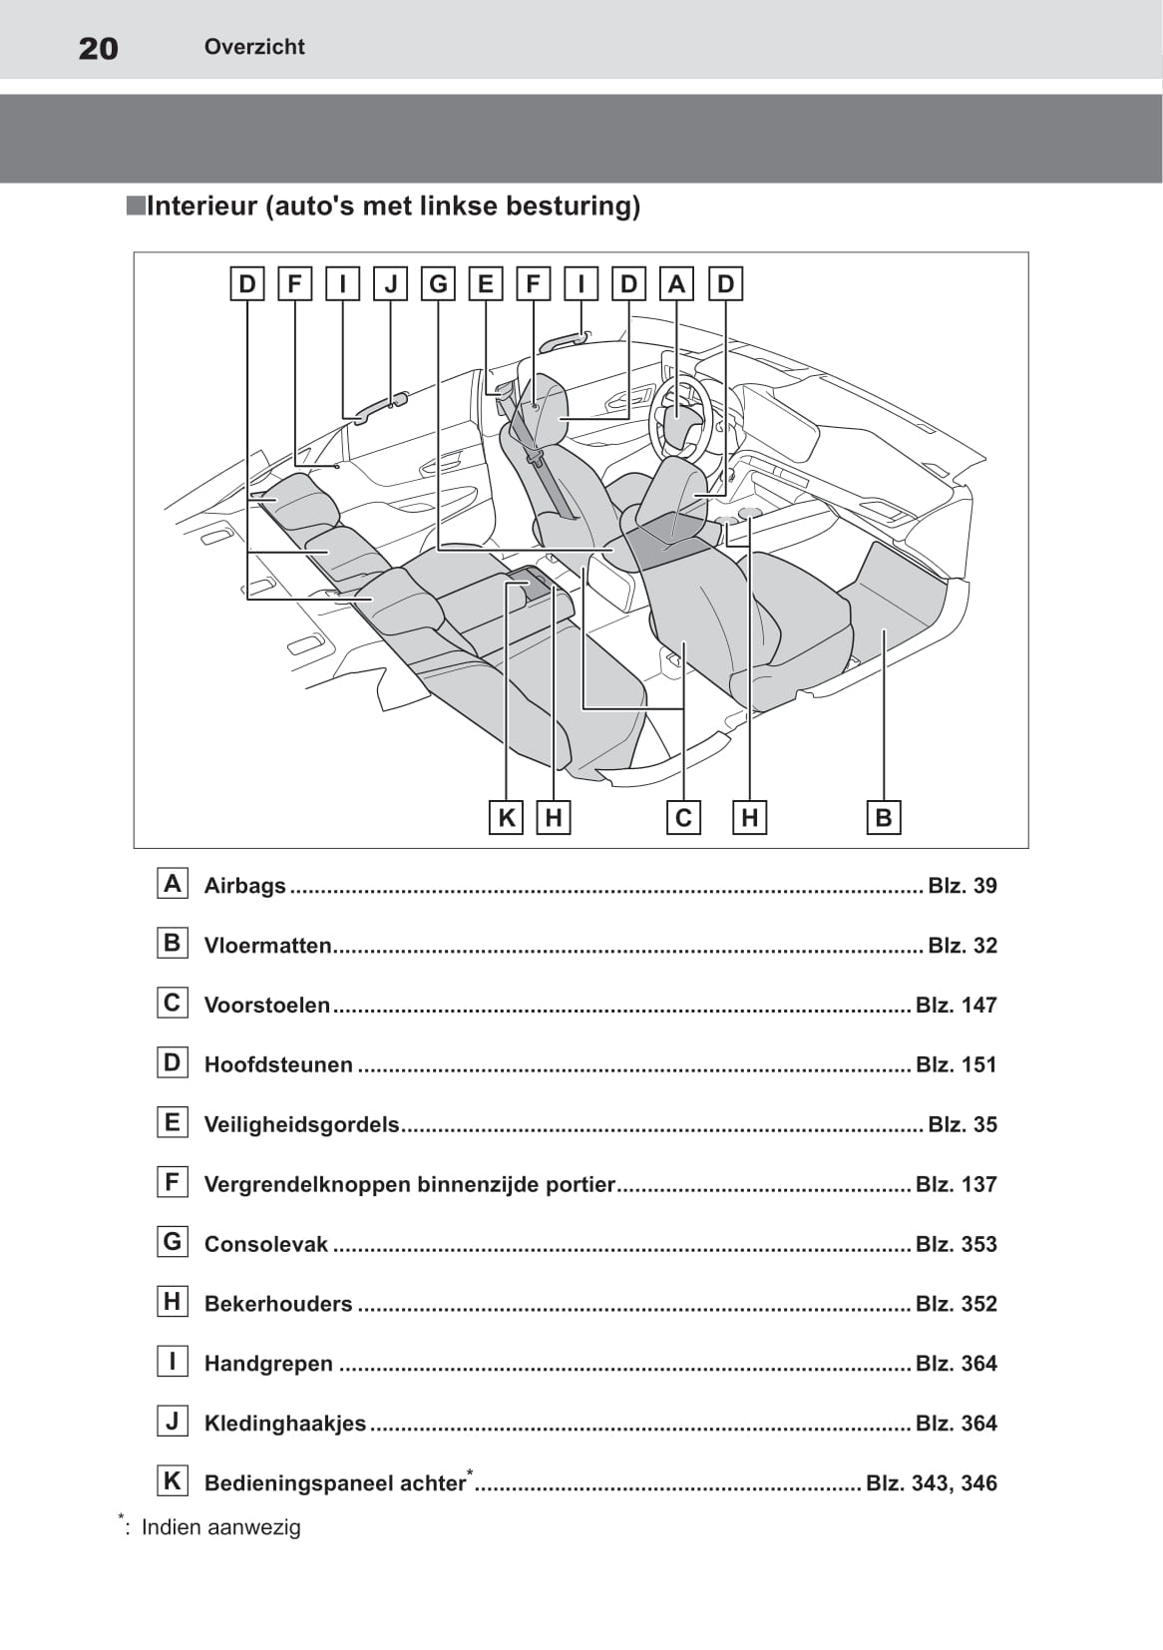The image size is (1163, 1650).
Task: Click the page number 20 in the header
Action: click(x=98, y=48)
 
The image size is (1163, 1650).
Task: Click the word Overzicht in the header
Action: click(x=254, y=47)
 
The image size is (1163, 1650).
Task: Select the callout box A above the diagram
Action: click(x=677, y=284)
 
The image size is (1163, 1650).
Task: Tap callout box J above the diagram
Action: click(x=390, y=284)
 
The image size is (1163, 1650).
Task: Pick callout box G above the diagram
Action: click(x=438, y=284)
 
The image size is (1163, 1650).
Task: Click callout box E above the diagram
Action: click(x=486, y=284)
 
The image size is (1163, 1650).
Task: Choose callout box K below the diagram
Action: click(x=507, y=818)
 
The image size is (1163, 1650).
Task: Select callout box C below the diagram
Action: click(x=683, y=818)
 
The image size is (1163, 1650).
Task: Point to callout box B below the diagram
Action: click(x=883, y=818)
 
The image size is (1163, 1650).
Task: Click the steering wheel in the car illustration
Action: click(x=680, y=417)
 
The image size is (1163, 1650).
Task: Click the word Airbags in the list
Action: click(x=244, y=886)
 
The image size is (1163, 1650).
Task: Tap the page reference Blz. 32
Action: click(x=962, y=946)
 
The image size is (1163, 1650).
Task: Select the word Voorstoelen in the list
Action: click(x=266, y=1006)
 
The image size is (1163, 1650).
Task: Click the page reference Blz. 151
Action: click(x=956, y=1065)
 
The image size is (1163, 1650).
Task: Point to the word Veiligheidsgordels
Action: click(x=301, y=1125)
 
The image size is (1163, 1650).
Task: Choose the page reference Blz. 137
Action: click(x=956, y=1185)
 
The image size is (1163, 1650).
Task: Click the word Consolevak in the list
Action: click(x=265, y=1245)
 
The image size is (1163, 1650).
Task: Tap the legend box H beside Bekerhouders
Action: click(x=173, y=1302)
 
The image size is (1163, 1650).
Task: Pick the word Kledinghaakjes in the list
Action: click(x=284, y=1424)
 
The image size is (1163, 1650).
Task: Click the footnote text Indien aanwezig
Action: click(x=220, y=1527)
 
